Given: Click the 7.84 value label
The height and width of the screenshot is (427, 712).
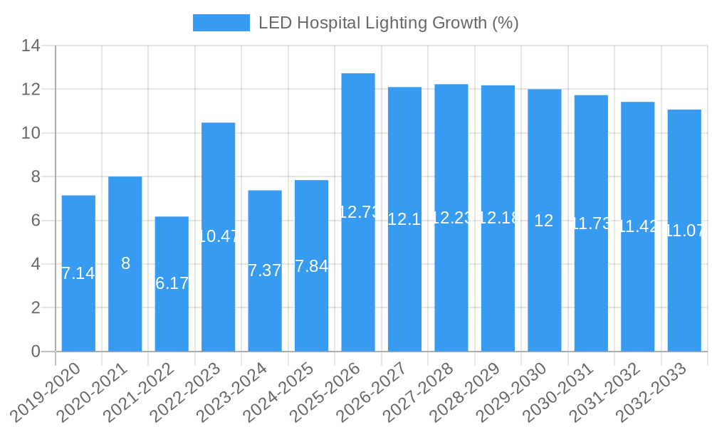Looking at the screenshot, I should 311,266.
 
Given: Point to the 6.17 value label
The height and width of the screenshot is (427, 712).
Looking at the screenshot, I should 172,283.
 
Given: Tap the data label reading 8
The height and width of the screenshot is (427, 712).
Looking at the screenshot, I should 125,263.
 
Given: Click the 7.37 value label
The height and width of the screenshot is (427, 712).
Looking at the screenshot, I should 265,270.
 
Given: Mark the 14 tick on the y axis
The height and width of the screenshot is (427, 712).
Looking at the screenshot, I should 31,46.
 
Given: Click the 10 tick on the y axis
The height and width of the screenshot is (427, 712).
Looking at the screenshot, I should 31,133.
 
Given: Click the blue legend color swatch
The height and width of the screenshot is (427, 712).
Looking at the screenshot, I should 221,23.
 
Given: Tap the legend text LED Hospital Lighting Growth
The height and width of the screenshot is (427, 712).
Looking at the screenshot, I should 388,23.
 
